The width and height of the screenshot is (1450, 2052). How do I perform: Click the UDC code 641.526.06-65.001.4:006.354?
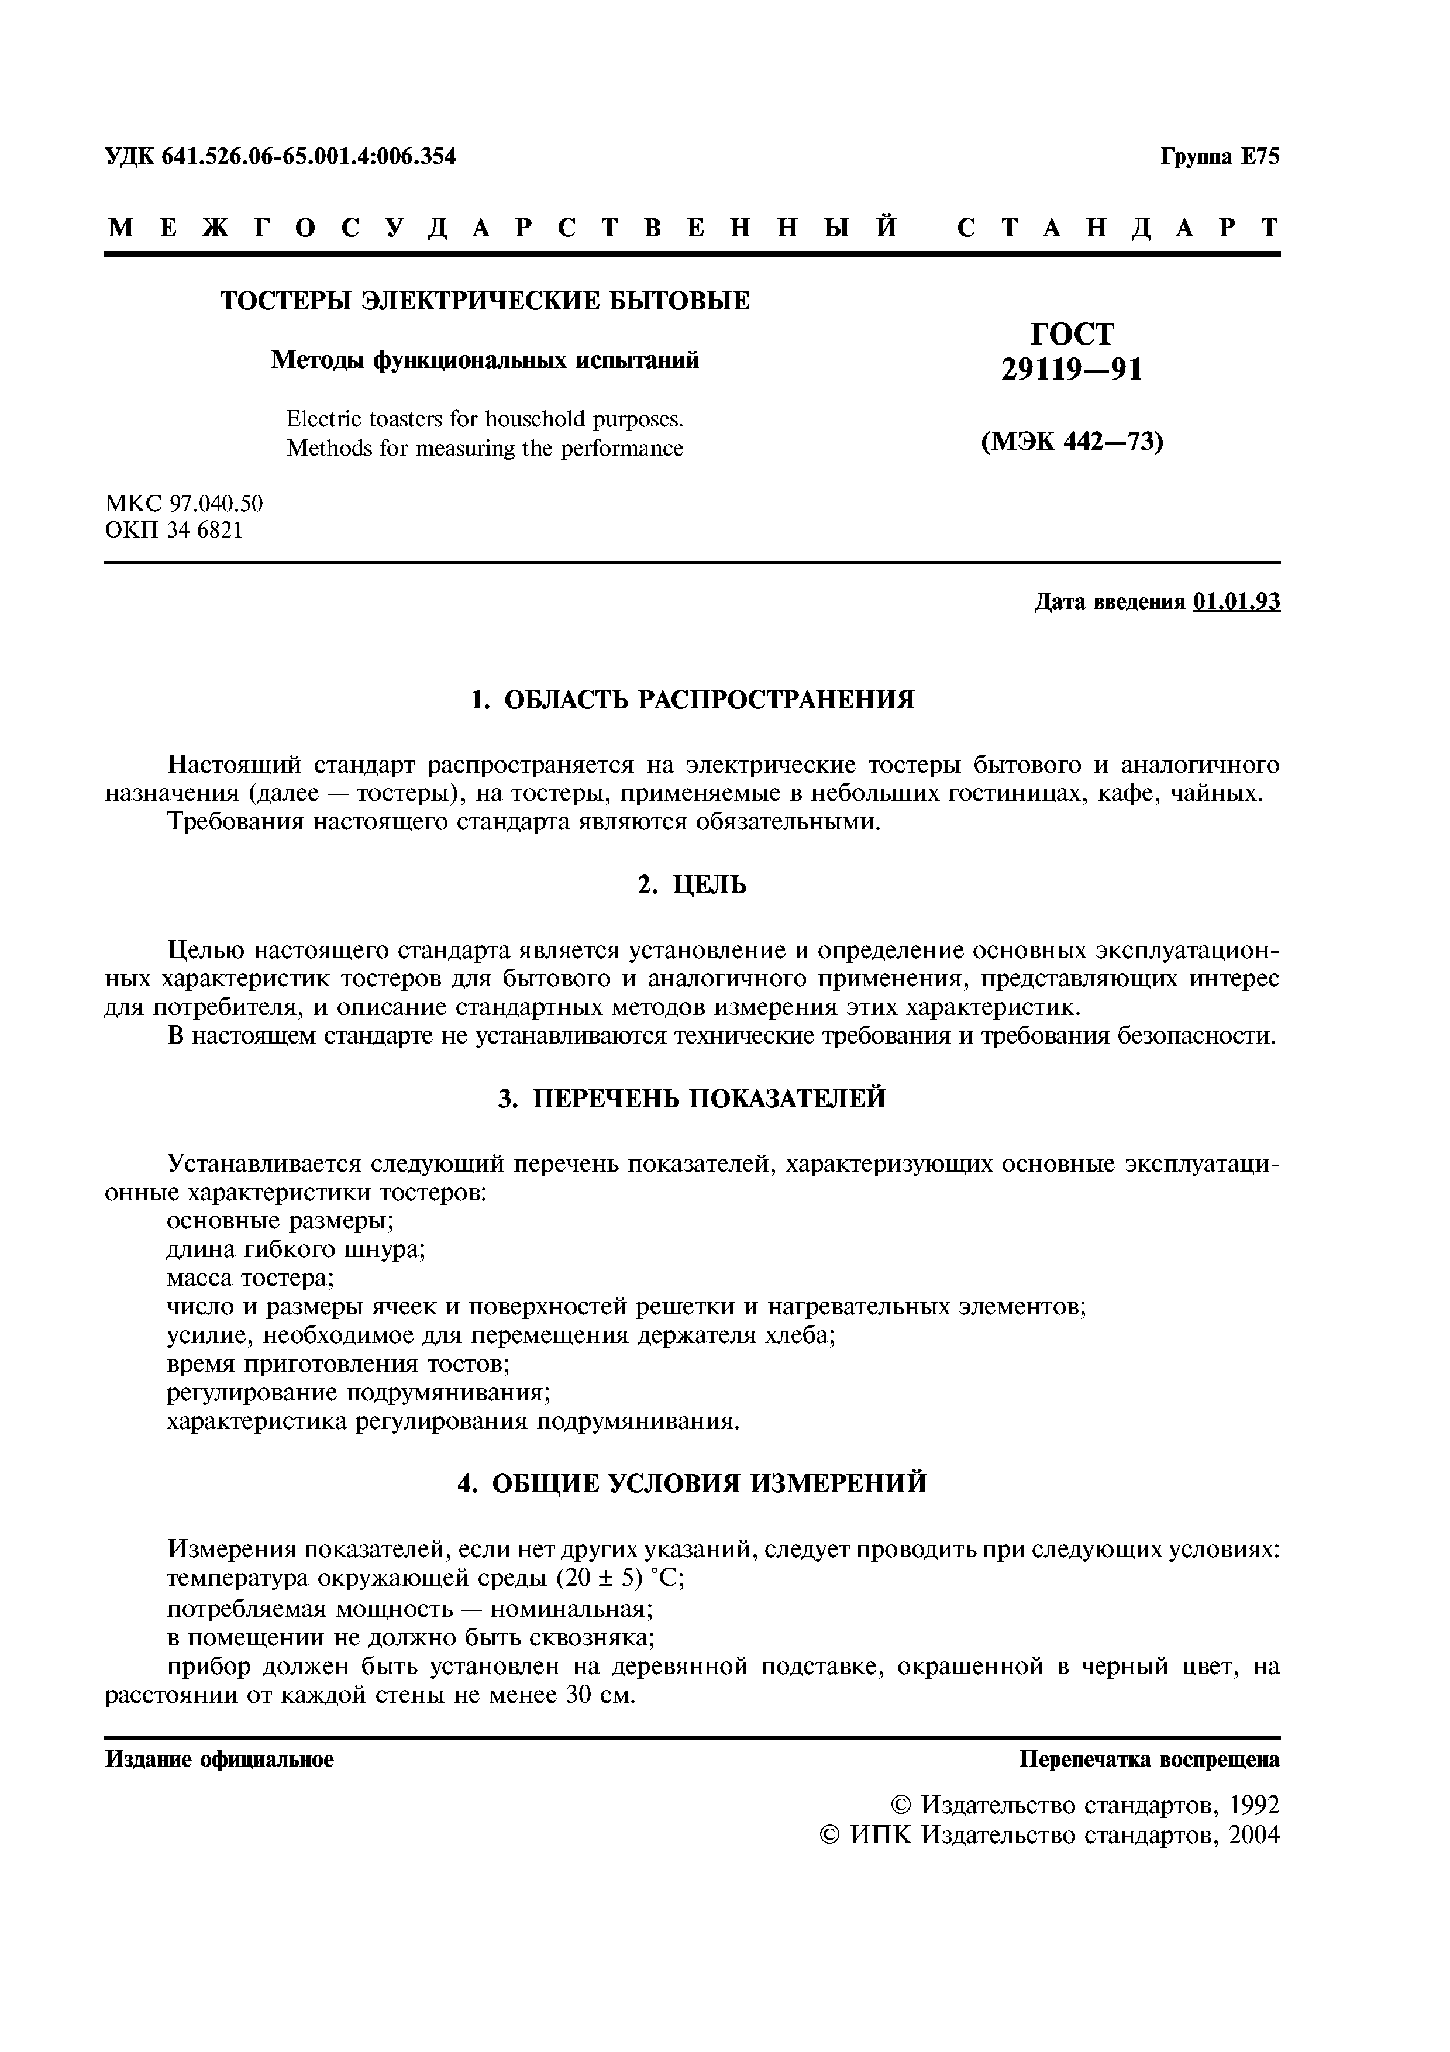click(x=309, y=156)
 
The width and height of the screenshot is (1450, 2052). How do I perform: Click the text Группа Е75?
click(x=1220, y=156)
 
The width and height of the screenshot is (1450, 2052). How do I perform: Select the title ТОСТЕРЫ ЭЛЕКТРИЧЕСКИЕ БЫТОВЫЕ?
click(x=485, y=301)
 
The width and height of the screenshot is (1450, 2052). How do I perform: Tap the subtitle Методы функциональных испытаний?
click(x=485, y=359)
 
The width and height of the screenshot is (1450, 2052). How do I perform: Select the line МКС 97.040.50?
click(x=184, y=503)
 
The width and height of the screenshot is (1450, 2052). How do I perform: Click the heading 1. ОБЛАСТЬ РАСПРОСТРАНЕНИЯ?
click(x=693, y=699)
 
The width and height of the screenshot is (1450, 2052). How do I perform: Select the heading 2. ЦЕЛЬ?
click(x=693, y=885)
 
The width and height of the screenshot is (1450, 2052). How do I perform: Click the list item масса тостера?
click(x=251, y=1278)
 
